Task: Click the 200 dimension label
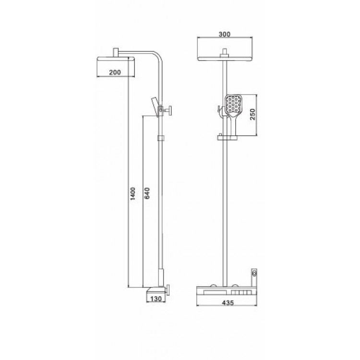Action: (115, 72)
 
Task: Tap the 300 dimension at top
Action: (225, 34)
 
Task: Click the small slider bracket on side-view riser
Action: (161, 139)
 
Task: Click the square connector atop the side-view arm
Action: (116, 51)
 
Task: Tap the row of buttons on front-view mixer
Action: (239, 291)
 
